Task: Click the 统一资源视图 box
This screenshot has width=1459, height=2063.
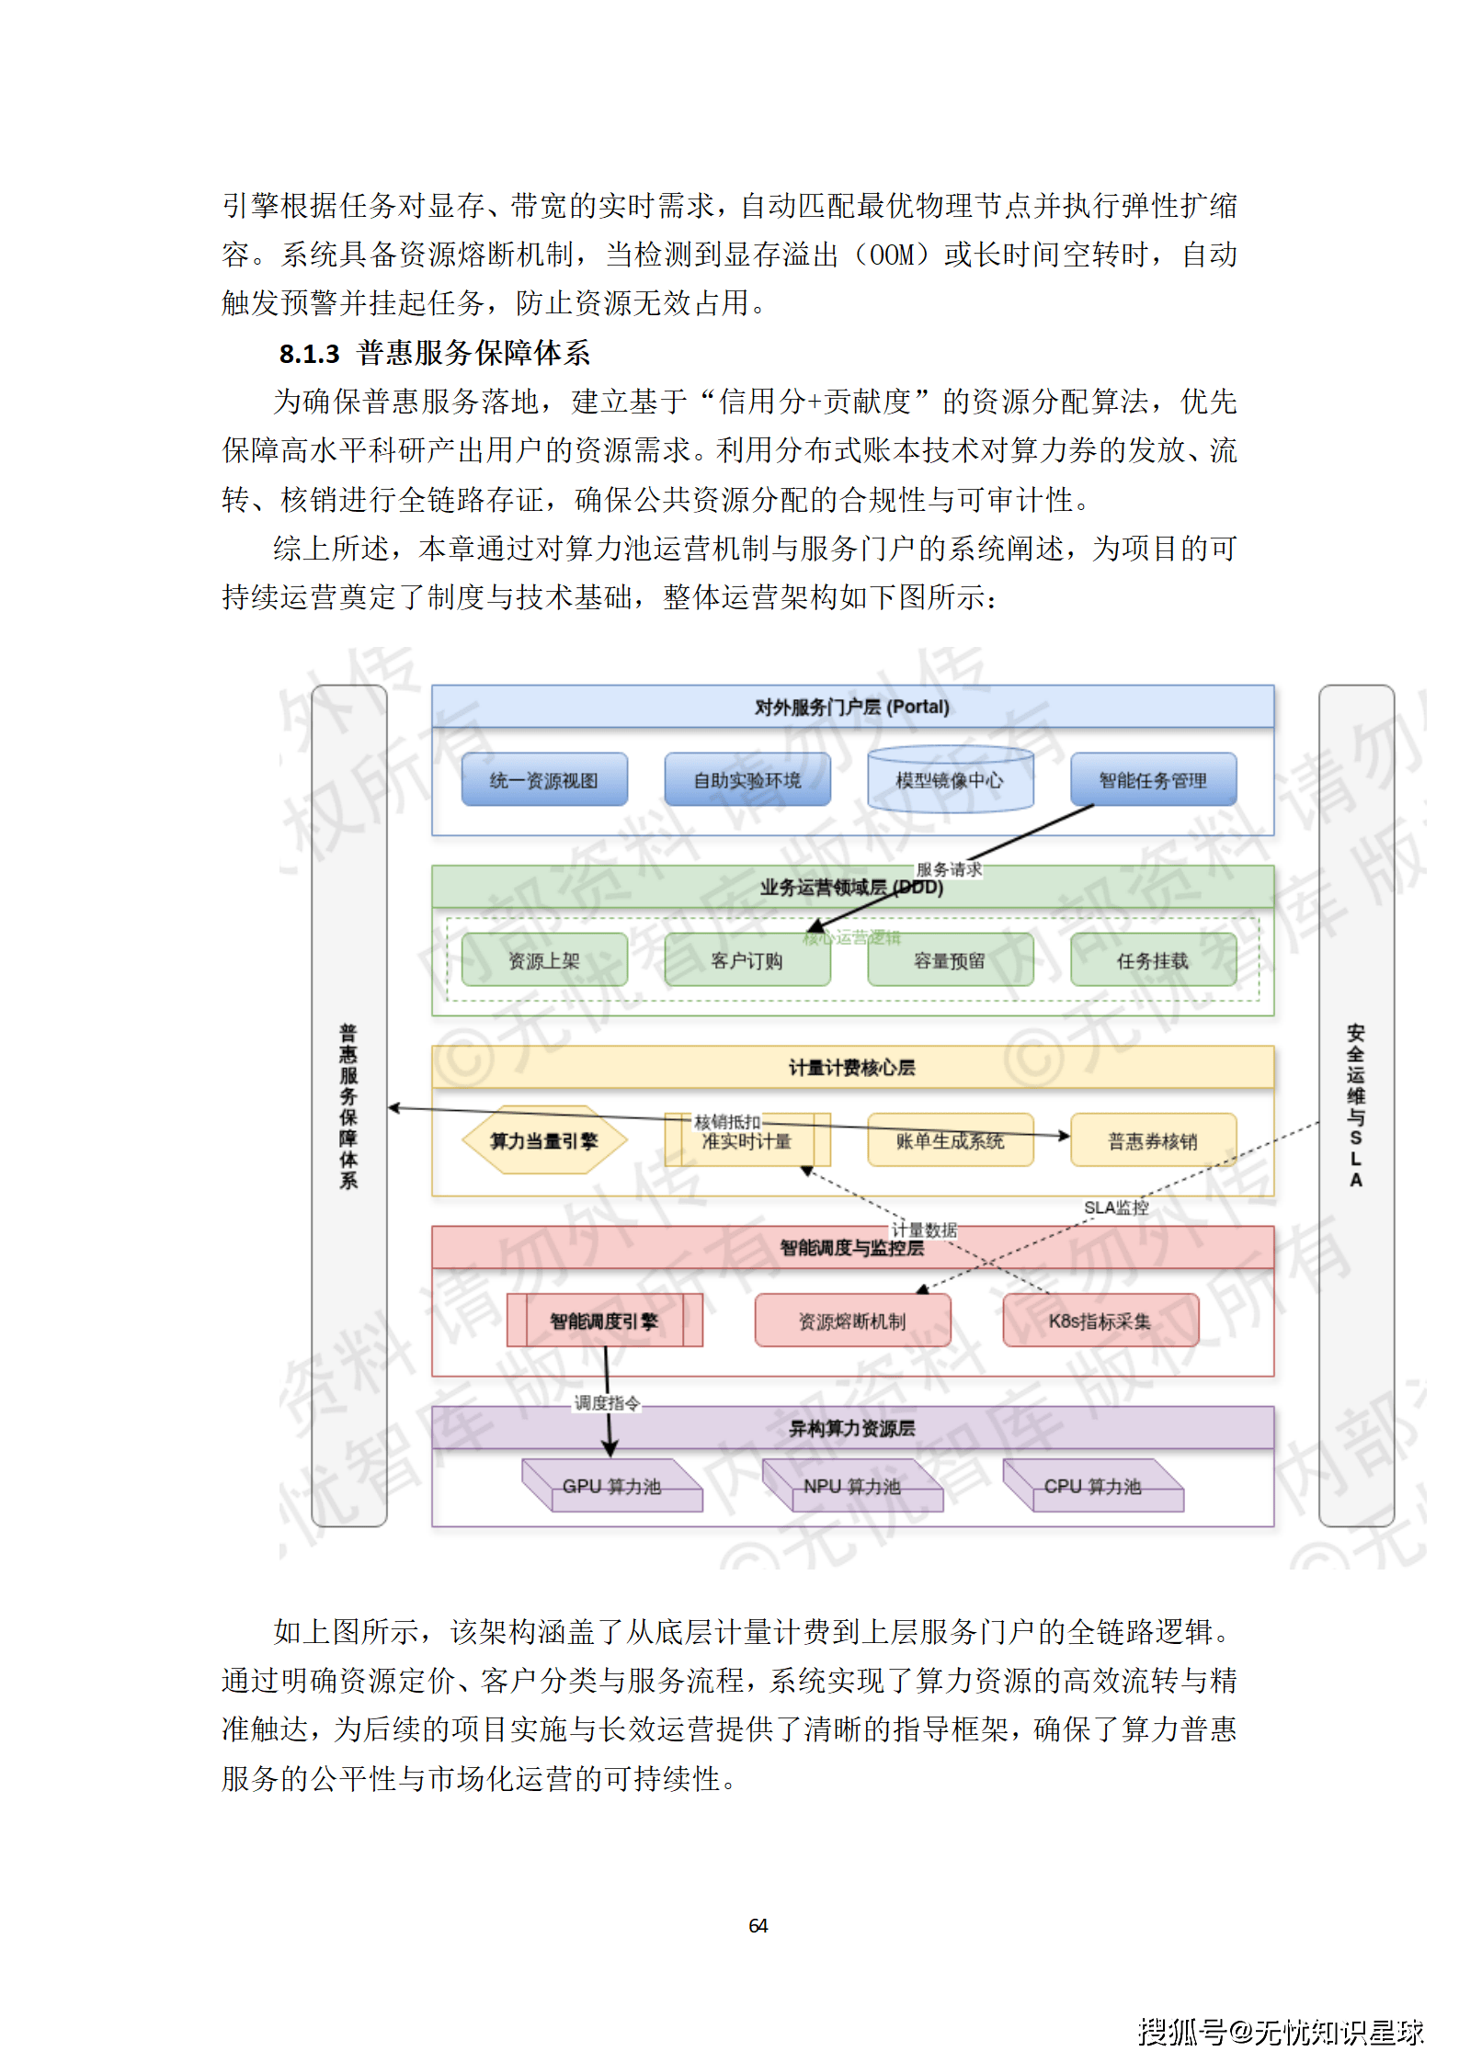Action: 544,780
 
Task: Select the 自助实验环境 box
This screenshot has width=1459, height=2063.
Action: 747,780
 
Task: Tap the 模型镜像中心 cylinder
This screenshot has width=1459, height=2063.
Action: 950,780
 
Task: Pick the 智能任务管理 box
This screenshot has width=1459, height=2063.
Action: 1153,780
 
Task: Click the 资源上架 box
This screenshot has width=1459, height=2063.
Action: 544,960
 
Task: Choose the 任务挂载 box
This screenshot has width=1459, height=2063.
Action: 1153,960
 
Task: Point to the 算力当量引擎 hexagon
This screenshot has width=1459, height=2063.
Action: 544,1140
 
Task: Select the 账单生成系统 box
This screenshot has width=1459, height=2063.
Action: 950,1140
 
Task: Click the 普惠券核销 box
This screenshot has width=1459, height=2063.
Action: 1153,1140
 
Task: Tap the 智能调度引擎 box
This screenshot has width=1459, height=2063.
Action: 604,1321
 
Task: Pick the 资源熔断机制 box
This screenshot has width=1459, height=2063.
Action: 852,1321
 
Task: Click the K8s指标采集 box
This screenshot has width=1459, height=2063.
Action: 1100,1321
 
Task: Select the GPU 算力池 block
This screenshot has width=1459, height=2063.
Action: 611,1486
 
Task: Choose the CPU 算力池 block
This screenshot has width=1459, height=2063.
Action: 1092,1486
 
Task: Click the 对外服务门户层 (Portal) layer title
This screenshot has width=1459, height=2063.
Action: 852,707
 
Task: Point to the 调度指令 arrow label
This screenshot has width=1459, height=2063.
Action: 607,1402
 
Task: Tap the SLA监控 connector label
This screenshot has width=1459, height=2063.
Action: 1116,1207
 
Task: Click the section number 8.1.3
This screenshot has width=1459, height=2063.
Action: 309,354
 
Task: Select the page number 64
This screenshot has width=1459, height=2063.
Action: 758,1925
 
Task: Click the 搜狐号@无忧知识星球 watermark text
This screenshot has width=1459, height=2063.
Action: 1281,2031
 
